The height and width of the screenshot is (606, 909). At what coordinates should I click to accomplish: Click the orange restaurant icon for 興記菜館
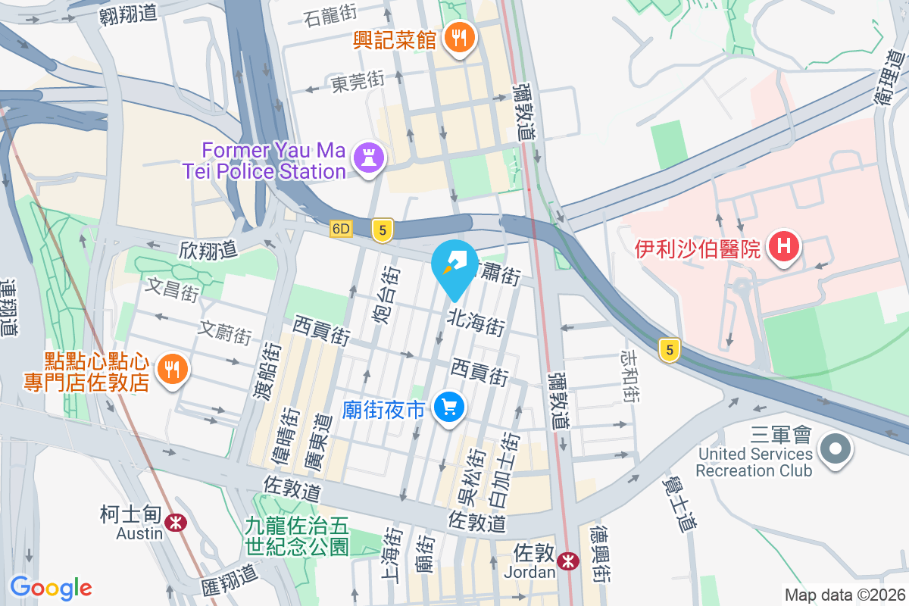click(458, 37)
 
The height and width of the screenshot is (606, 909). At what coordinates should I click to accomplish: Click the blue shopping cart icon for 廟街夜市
click(449, 409)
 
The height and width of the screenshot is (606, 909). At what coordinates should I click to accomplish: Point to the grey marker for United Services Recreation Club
click(836, 449)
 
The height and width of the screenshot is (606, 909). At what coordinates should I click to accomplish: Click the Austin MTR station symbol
click(176, 521)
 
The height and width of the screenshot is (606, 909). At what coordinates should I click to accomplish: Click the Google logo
click(51, 588)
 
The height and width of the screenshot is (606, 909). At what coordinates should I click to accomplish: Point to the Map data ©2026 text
click(844, 595)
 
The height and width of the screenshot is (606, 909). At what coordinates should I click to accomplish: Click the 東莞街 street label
click(358, 82)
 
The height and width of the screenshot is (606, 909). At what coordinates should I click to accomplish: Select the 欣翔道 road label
click(208, 248)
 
